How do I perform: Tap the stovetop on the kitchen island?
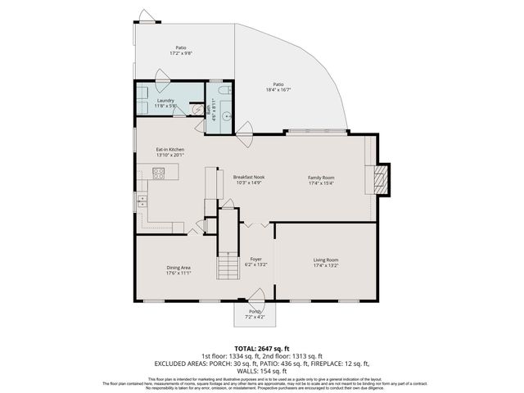[x=159, y=173]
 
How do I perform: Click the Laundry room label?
[x=165, y=103]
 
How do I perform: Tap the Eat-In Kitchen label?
[x=170, y=153]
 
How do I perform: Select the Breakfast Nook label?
[x=248, y=180]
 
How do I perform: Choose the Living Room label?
[x=326, y=263]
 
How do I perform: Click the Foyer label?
[x=256, y=263]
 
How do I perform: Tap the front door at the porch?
[x=256, y=298]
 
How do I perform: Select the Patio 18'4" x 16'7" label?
[x=278, y=87]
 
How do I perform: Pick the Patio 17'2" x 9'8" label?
[x=180, y=50]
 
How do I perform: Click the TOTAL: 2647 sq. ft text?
[x=262, y=349]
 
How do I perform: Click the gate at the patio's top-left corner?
[x=146, y=16]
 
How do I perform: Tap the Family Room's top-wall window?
[x=315, y=132]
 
